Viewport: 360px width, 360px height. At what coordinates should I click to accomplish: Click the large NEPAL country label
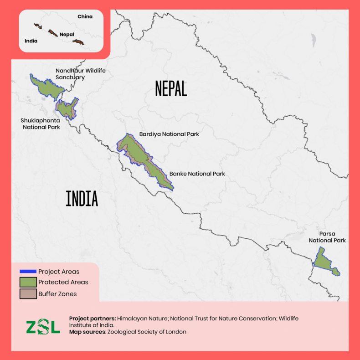(x=171, y=88)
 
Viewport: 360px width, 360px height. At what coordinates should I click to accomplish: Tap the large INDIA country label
(x=82, y=199)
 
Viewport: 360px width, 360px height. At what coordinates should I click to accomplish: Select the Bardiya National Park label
(x=169, y=134)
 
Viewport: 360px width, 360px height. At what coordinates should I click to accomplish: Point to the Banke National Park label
(x=197, y=174)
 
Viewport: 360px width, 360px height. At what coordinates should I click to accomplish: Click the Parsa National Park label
(x=327, y=237)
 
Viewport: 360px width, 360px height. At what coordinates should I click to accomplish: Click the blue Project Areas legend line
(x=28, y=272)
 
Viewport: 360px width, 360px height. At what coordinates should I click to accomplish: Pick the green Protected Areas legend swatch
(x=28, y=282)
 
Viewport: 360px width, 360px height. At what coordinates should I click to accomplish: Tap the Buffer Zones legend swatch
(x=28, y=294)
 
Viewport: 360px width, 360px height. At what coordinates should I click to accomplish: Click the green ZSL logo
(x=42, y=326)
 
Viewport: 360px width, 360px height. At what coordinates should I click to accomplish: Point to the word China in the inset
(x=85, y=17)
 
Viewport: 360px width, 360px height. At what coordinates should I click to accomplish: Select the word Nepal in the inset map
(x=67, y=34)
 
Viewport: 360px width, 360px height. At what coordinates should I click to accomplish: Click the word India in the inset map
(x=31, y=41)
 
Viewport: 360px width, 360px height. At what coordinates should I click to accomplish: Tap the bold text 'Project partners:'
(x=93, y=318)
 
